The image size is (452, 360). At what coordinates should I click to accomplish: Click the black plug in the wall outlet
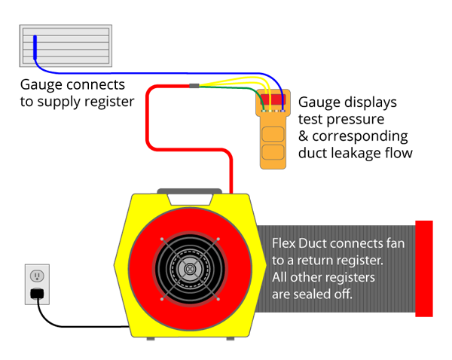click(x=35, y=293)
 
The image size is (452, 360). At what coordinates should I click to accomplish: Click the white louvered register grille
click(x=66, y=49)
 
